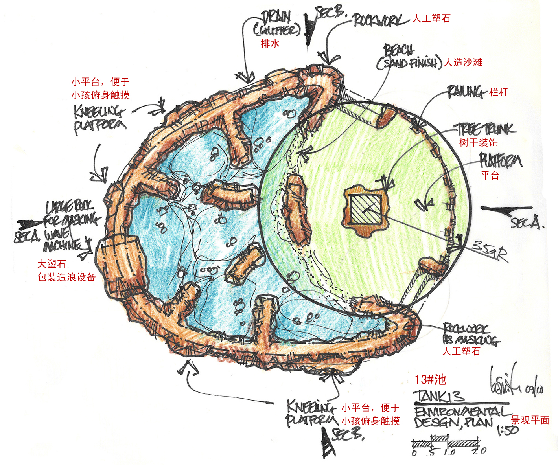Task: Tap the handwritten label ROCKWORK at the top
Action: point(378,20)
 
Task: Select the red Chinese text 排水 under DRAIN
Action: point(270,43)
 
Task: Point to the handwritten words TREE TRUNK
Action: point(486,129)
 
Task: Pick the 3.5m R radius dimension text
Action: point(490,250)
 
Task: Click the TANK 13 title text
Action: point(439,395)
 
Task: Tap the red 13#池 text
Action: point(431,379)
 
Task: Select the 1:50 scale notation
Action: point(508,430)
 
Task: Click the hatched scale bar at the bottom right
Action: point(446,441)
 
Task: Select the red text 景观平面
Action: point(530,420)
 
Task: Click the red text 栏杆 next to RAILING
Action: point(499,92)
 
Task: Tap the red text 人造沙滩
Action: point(463,62)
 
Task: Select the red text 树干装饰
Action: point(479,142)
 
